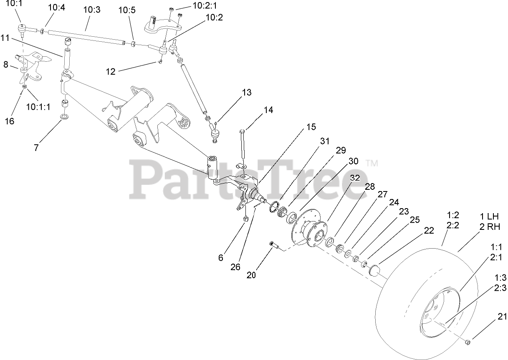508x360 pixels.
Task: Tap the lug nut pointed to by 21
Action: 468,342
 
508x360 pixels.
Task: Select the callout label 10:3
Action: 92,10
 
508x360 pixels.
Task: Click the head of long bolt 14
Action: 243,132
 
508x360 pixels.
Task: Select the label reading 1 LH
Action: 489,217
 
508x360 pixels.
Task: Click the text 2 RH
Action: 489,227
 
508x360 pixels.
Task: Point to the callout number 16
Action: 9,121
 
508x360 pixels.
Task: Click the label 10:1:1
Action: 38,107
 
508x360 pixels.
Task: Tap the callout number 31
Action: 325,141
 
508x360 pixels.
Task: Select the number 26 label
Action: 235,267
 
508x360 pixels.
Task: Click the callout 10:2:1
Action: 205,5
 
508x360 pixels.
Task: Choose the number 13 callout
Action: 247,92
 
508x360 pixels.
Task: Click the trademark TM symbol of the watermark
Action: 372,163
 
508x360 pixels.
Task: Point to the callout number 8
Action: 5,65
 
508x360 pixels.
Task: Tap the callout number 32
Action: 355,177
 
